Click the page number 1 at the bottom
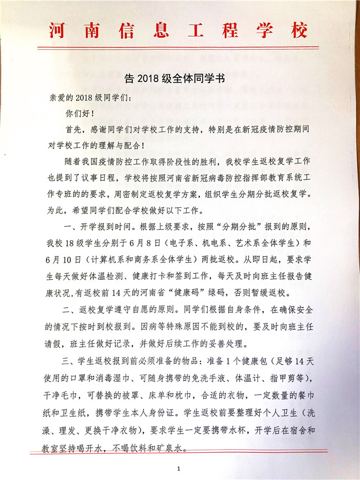tap(179, 469)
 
